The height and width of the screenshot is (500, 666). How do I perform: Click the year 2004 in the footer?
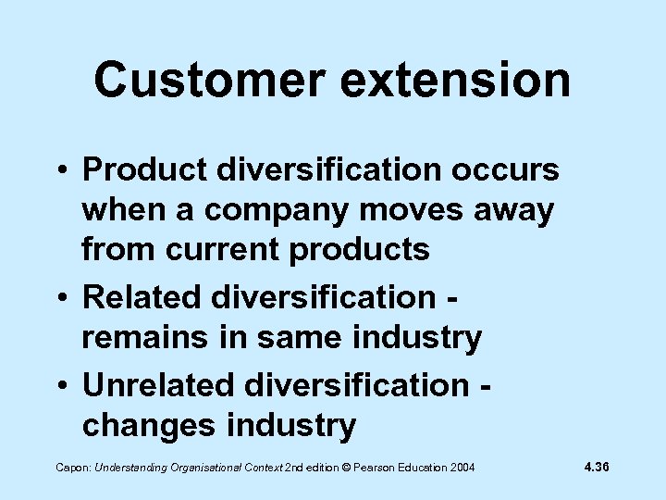click(461, 469)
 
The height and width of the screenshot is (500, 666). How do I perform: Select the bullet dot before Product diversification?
click(60, 171)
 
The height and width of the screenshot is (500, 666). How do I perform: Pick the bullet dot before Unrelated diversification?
click(60, 384)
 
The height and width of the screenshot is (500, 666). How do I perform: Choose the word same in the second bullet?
click(288, 338)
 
